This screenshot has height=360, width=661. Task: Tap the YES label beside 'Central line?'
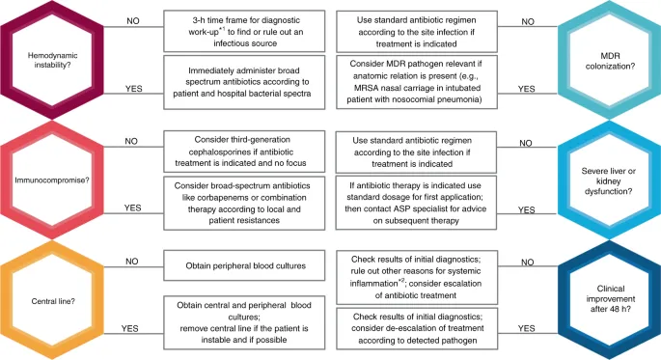click(129, 327)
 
